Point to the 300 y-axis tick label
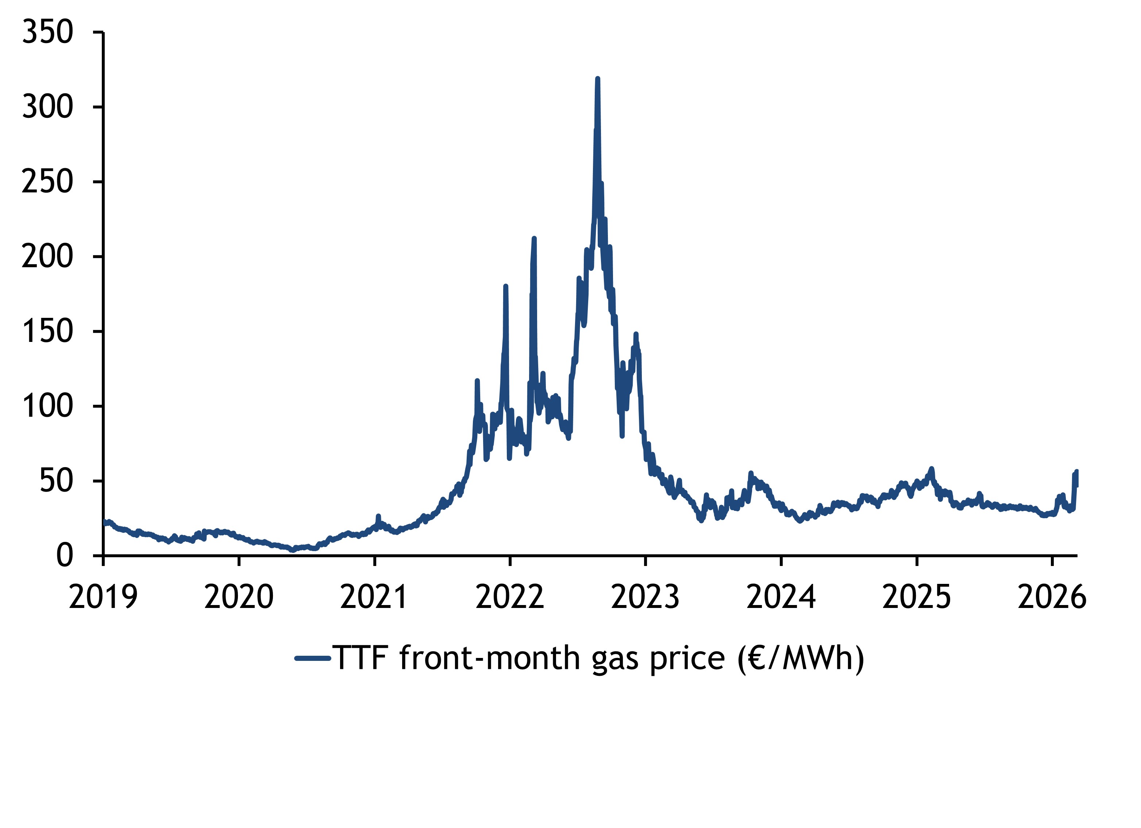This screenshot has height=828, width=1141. click(x=48, y=107)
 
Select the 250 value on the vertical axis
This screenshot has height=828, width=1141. click(x=48, y=182)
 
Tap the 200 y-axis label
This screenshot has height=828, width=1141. click(x=48, y=257)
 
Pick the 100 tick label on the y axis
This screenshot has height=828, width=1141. click(x=48, y=407)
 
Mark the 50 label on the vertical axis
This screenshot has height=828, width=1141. click(x=56, y=481)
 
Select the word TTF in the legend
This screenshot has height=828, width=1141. click(x=360, y=658)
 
